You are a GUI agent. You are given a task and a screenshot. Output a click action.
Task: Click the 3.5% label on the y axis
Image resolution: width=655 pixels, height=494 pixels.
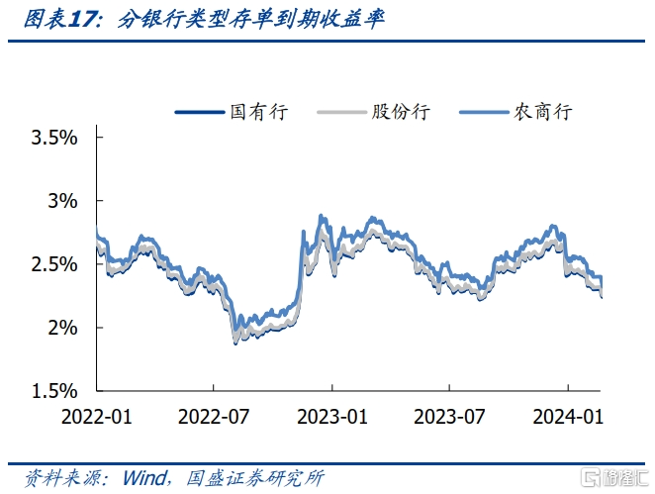coord(54,138)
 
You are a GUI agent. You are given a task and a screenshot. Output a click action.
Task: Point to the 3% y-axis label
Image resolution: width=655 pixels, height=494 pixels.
coord(62,201)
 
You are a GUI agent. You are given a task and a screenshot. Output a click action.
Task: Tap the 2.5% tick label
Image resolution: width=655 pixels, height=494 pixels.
coord(54,264)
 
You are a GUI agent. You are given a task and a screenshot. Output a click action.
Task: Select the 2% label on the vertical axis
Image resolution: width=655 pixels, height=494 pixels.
coord(62,328)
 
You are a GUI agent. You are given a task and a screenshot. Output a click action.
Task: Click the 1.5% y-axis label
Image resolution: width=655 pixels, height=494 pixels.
coord(54,391)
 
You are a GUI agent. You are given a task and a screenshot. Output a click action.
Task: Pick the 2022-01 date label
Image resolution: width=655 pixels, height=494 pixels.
coord(97,417)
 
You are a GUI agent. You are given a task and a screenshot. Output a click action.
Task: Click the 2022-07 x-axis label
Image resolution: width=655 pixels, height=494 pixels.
coord(214,417)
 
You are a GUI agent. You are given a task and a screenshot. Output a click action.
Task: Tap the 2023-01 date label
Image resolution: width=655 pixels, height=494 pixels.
coord(332,417)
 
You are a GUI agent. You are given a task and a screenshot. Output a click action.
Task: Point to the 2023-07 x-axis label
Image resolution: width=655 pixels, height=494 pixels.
coord(449,417)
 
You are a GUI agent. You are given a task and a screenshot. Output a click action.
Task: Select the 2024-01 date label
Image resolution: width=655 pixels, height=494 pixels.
coord(568,417)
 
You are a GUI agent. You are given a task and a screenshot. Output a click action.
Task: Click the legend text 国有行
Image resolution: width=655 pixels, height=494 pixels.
coord(259,112)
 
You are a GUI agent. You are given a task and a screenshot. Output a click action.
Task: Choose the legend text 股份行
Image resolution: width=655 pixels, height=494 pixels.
coord(401,112)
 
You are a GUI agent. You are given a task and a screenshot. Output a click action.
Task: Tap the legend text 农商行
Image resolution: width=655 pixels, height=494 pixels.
coord(542,112)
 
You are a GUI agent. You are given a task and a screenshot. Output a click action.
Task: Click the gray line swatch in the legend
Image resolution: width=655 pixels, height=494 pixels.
coord(341,112)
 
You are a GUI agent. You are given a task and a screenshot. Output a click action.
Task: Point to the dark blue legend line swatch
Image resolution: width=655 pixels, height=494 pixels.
coord(200,112)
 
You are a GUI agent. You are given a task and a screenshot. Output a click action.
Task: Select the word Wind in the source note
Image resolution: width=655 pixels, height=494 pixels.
coord(144,478)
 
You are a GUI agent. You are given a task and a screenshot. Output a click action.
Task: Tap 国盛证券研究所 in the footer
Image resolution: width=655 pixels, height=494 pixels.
coord(255,478)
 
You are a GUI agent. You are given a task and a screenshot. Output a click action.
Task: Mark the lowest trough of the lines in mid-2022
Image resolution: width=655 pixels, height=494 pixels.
coord(235,344)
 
